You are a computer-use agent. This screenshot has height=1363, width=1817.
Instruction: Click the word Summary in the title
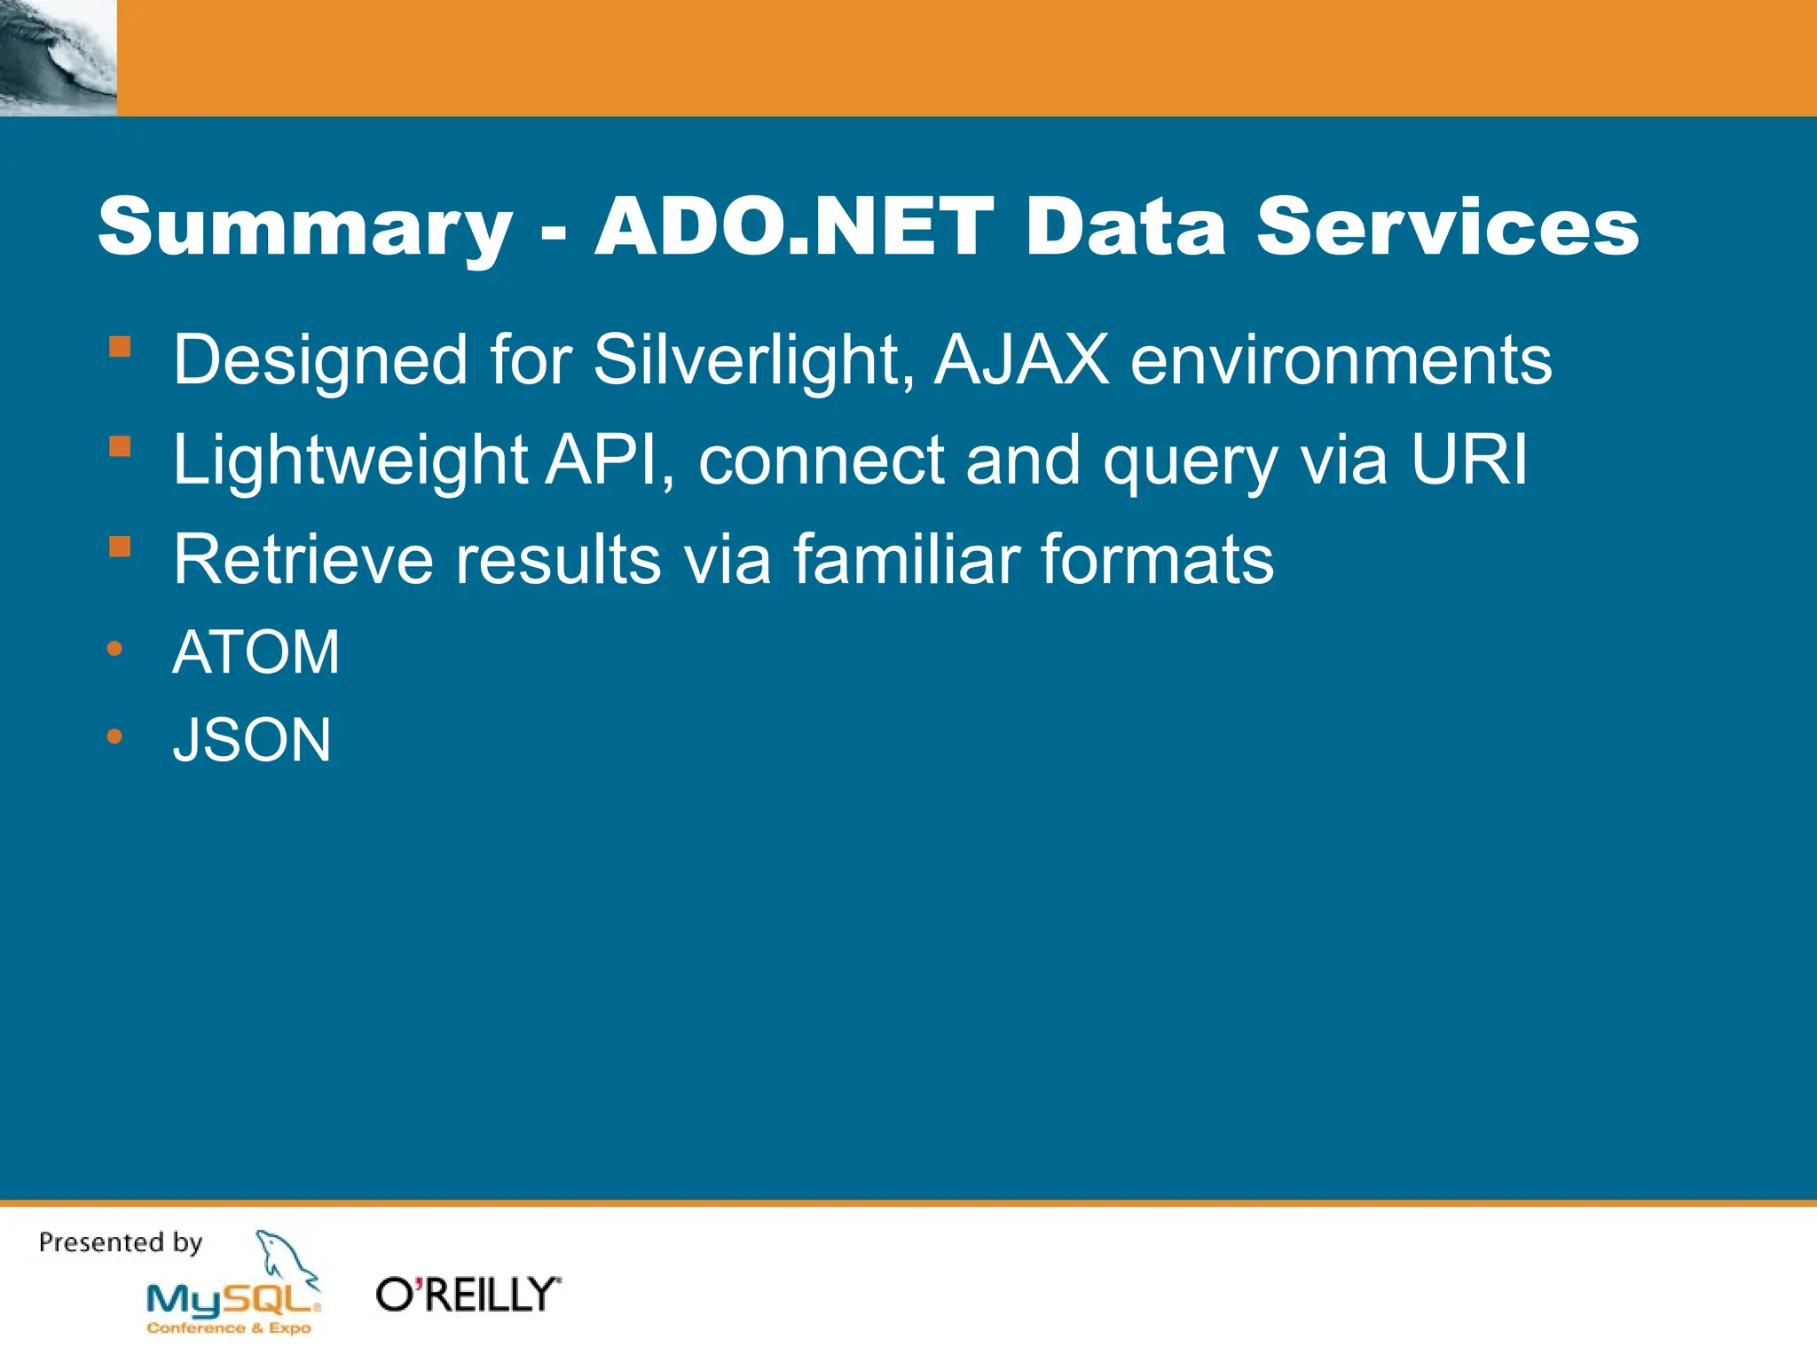pos(305,229)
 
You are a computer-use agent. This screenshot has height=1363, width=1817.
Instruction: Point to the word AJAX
pos(1021,360)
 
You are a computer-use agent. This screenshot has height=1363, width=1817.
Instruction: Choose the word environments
pos(1341,360)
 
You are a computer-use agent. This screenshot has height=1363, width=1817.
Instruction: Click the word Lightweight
pos(350,461)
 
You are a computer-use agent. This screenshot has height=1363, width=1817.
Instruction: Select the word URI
pos(1469,460)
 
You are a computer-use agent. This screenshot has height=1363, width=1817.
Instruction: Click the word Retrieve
pos(303,560)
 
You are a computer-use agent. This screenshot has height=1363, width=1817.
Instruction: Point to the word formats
pos(1157,560)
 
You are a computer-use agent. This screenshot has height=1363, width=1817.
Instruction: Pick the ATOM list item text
pos(256,652)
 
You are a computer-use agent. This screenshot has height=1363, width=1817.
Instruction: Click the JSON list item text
pos(252,740)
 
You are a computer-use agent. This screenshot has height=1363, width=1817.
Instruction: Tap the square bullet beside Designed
pos(120,346)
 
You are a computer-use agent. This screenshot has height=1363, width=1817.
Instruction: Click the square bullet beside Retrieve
pos(120,546)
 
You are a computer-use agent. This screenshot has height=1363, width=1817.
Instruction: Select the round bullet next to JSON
pos(114,736)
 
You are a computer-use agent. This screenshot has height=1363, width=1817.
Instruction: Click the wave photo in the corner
pos(58,57)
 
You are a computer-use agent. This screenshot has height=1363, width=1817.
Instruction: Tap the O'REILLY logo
pos(468,1295)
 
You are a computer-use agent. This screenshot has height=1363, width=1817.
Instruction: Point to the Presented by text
pos(121,1242)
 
